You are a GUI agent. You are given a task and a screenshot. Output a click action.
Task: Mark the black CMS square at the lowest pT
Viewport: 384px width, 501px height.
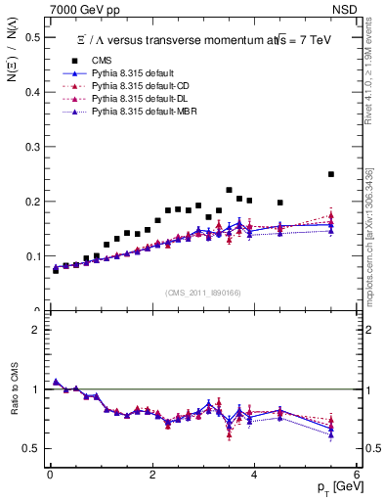point(56,269)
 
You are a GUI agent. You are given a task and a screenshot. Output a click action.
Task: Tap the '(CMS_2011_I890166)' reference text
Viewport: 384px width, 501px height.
point(202,293)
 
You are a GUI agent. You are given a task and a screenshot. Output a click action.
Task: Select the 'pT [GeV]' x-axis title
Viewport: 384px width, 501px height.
point(335,486)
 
